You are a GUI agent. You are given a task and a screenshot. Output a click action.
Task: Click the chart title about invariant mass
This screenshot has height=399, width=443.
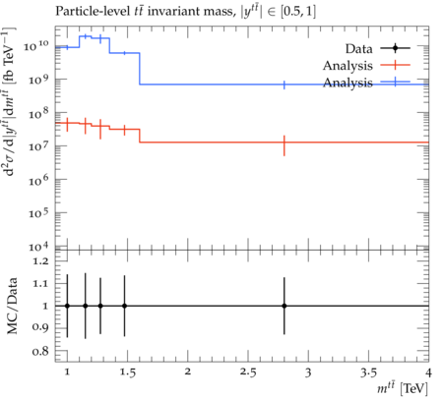(185, 12)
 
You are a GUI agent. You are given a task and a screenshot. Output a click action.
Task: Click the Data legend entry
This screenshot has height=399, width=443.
(377, 49)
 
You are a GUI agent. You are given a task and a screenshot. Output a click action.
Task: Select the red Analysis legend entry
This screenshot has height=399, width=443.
(366, 66)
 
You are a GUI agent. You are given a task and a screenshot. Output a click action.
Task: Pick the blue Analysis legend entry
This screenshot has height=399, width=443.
(366, 83)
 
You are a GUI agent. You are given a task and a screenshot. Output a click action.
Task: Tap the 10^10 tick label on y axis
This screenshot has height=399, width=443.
(36, 46)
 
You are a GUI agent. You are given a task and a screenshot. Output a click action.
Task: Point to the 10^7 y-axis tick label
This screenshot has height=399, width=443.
(38, 145)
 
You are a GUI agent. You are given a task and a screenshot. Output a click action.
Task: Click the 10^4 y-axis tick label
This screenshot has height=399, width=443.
(38, 247)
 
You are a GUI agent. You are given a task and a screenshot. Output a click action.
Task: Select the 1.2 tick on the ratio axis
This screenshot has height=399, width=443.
(40, 261)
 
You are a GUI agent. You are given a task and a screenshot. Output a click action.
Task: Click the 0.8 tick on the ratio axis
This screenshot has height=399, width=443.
(40, 352)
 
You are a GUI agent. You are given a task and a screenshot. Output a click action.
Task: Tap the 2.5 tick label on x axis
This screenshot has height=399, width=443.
(248, 372)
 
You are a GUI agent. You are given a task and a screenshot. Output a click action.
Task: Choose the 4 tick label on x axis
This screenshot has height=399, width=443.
(428, 372)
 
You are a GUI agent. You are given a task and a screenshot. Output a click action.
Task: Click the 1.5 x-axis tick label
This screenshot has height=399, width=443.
(127, 372)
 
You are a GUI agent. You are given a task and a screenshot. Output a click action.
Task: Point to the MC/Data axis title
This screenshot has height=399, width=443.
(12, 306)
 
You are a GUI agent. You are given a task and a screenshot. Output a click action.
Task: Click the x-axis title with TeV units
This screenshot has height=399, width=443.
(403, 388)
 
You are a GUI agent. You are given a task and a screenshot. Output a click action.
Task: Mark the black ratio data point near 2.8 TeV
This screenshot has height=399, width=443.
(285, 306)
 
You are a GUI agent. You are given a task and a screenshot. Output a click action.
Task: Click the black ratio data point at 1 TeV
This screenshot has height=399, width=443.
(67, 306)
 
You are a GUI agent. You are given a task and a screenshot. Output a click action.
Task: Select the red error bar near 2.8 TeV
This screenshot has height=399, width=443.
(285, 145)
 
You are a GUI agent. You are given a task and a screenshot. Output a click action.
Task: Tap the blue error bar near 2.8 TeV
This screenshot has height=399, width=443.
(285, 85)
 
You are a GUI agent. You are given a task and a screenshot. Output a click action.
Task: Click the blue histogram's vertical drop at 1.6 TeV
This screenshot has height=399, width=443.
(140, 69)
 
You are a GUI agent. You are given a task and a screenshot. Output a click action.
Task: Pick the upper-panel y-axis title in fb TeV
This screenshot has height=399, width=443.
(10, 101)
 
